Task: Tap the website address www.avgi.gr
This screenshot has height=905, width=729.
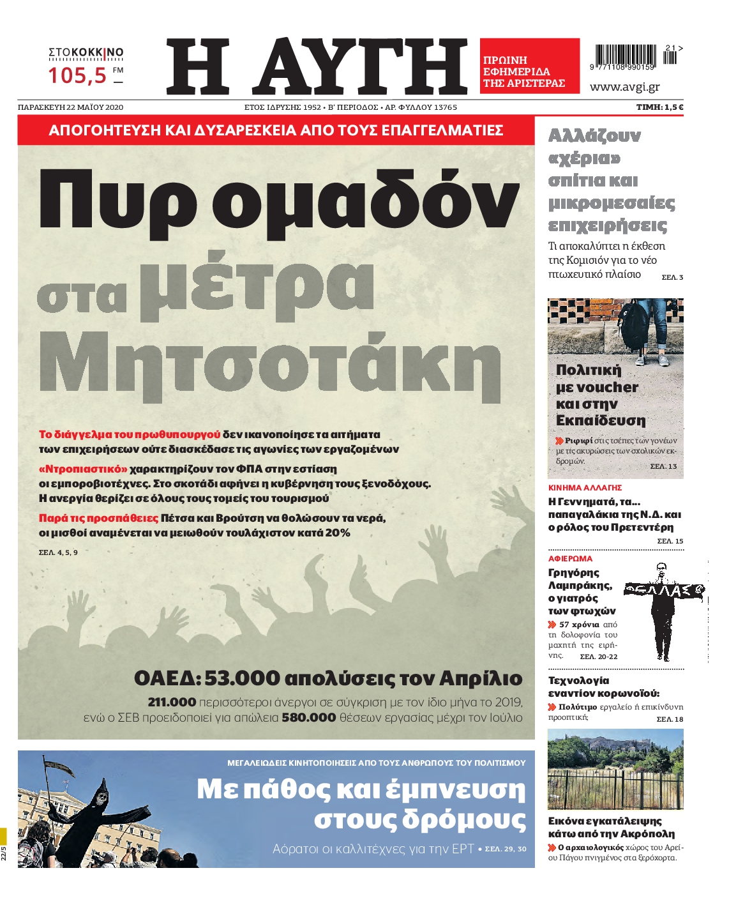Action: pos(624,87)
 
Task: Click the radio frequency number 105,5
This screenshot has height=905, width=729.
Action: pos(77,75)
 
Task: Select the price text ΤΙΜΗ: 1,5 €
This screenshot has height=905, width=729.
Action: pos(659,107)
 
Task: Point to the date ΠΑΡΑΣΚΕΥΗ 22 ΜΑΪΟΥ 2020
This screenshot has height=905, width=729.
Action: pos(71,107)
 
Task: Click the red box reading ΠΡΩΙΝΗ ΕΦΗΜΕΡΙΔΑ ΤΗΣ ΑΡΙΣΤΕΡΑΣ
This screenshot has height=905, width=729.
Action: pos(529,66)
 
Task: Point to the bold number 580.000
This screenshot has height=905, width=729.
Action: pos(309,718)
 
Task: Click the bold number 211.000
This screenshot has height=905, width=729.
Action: pos(172,703)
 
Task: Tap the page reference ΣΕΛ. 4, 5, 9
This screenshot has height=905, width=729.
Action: pos(58,552)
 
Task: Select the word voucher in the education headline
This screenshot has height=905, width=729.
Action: pos(606,388)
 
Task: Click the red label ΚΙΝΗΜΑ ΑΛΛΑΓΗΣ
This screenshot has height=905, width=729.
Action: pos(585,487)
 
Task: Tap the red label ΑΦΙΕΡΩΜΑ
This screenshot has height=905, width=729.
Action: pos(570,558)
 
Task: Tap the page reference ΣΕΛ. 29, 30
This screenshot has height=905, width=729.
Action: pos(506,849)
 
